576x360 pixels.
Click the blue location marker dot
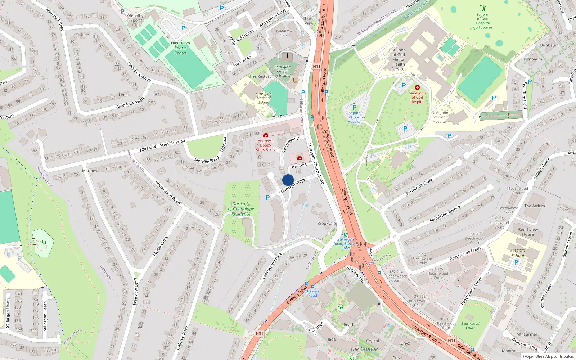(x=288, y=180)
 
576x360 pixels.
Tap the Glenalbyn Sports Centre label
(x=180, y=48)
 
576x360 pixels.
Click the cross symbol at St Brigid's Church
(x=287, y=56)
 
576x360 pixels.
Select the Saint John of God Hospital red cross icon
(x=417, y=87)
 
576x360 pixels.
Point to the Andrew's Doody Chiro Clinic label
(x=265, y=145)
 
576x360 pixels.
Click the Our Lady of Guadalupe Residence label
(x=241, y=209)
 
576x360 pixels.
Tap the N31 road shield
(x=260, y=334)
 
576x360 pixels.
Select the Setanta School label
(x=518, y=253)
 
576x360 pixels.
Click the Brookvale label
(x=327, y=224)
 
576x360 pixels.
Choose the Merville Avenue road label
(x=139, y=71)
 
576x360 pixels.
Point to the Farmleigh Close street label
(x=419, y=186)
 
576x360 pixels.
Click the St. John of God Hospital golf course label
(x=483, y=21)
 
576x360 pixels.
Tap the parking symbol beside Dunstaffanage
(x=268, y=198)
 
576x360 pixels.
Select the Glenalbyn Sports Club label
(x=136, y=21)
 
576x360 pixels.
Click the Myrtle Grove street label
(x=161, y=246)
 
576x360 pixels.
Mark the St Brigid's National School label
(x=264, y=98)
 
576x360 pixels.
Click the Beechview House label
(x=528, y=232)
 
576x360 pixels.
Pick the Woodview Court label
(x=284, y=33)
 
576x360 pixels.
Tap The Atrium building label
(x=535, y=206)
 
